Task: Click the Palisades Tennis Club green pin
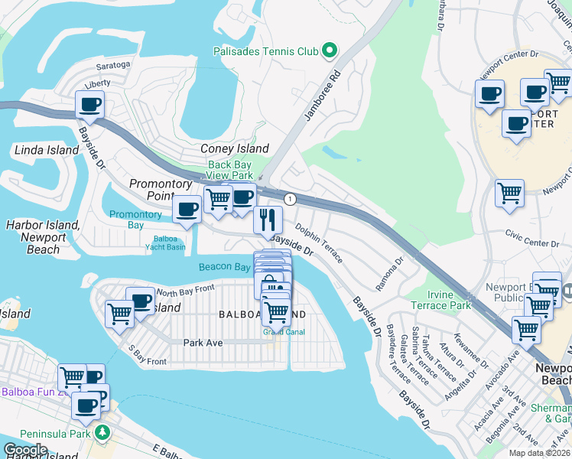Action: (x=330, y=51)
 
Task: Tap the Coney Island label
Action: (x=234, y=148)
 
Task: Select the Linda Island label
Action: (x=47, y=150)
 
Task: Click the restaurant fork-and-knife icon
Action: (x=268, y=220)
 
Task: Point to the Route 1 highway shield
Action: (x=290, y=199)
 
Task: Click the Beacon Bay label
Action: (x=225, y=267)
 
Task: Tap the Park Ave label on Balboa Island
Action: (x=203, y=343)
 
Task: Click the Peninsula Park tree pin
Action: (x=101, y=434)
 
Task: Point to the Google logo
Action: (x=25, y=450)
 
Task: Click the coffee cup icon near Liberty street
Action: (x=89, y=105)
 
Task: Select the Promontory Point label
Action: (x=160, y=190)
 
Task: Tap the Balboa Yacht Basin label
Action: (x=165, y=243)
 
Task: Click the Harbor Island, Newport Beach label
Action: (x=43, y=237)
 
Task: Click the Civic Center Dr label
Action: (x=534, y=243)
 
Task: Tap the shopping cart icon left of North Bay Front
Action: (x=120, y=314)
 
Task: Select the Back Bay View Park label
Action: (x=230, y=170)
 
